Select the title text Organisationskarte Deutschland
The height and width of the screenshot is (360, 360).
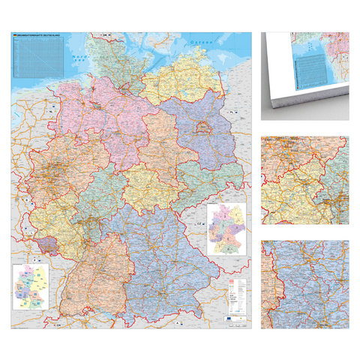[37, 36]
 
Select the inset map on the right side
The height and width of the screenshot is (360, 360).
[228, 229]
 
